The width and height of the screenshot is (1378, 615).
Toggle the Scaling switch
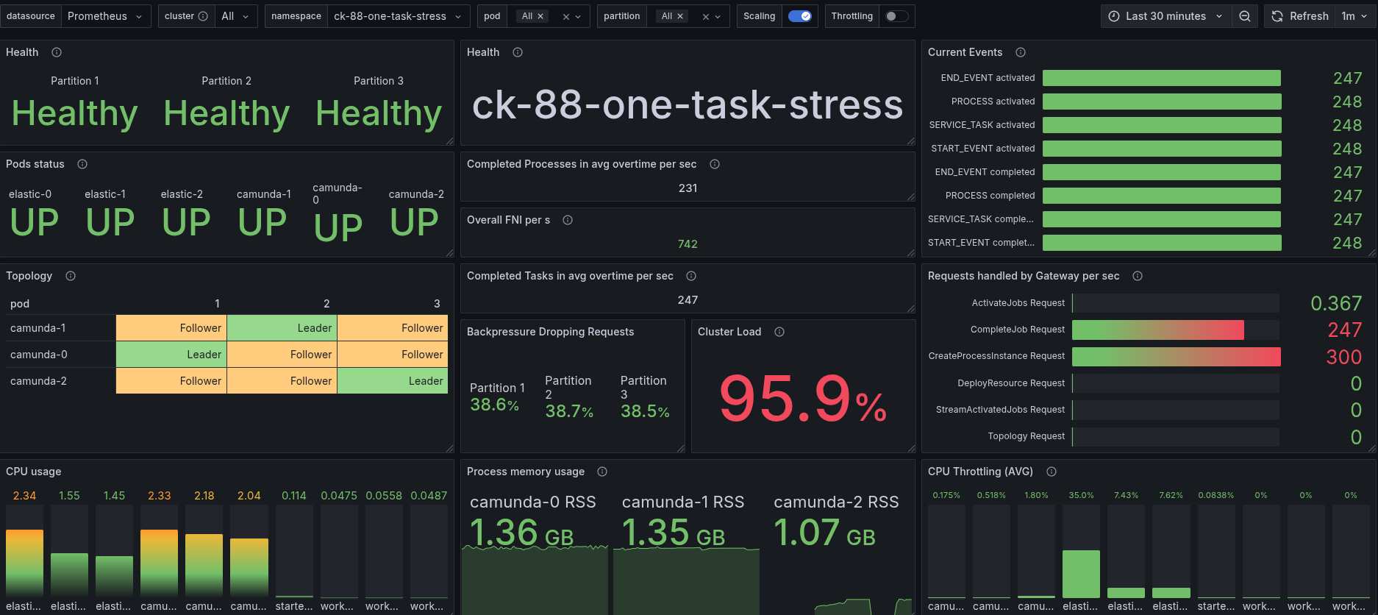[799, 16]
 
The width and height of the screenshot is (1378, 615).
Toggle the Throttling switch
[896, 16]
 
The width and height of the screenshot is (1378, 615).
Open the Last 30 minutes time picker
[1165, 16]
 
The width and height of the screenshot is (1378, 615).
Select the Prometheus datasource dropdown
[105, 16]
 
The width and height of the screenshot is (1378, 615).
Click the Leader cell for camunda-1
[282, 328]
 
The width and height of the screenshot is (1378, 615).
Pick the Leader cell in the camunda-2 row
[393, 381]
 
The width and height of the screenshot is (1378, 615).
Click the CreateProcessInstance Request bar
[1176, 357]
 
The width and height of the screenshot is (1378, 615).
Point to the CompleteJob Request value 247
[1344, 330]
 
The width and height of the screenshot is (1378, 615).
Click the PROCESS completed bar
[1162, 196]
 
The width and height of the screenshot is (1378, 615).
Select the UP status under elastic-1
[110, 222]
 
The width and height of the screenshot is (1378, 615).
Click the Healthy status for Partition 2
[226, 113]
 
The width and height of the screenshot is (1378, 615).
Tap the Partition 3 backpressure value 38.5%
[645, 411]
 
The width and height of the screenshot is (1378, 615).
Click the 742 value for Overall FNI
[688, 244]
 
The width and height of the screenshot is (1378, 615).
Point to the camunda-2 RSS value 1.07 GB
[824, 533]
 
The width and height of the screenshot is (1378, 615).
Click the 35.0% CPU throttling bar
[1081, 574]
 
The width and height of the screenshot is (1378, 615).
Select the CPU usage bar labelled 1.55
[69, 575]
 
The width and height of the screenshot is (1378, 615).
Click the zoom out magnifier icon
[1245, 16]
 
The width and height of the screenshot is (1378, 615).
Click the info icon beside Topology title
[71, 276]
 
